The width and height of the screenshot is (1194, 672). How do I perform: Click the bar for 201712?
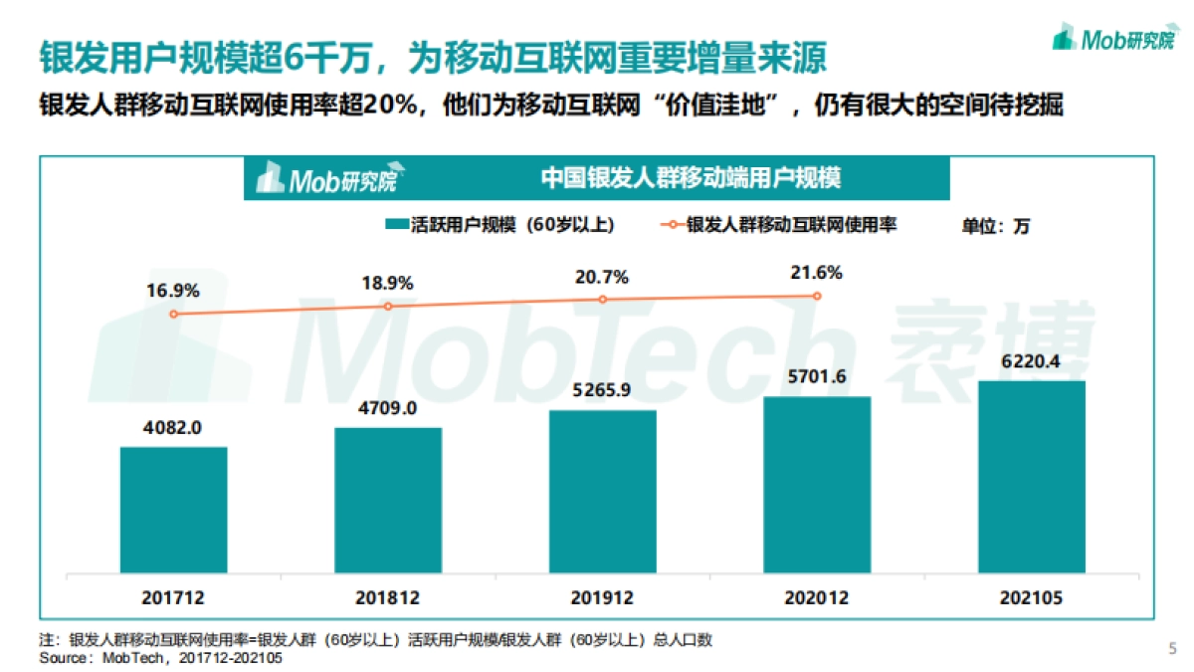point(174,511)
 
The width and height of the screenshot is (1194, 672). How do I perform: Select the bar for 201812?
point(388,501)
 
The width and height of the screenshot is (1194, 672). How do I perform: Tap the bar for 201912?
point(602,492)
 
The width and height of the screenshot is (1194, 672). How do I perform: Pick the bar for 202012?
point(817,485)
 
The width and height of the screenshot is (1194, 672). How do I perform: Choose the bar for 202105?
point(1032,477)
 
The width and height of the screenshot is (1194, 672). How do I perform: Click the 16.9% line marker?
point(174,314)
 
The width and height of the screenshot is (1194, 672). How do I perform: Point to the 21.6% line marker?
point(817,296)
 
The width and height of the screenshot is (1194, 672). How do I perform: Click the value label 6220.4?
point(1032,361)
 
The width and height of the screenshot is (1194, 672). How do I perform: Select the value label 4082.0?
point(174,428)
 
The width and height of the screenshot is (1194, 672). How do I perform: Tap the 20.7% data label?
point(602,277)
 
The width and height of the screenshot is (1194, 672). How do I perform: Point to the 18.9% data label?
point(388,283)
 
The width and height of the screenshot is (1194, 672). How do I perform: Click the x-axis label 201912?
point(602,598)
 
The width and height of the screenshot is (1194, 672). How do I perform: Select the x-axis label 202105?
point(1032,598)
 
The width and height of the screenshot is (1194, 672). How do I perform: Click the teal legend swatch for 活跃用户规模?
point(394,225)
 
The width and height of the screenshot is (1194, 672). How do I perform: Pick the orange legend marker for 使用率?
point(670,225)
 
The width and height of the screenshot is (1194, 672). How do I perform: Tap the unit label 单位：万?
point(995,226)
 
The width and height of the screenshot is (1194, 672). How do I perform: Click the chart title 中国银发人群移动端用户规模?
point(691,178)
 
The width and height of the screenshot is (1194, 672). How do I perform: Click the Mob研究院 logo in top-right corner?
point(1112,39)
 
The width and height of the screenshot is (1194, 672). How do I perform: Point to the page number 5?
point(1171,649)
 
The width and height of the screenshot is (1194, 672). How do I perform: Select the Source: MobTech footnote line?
point(160,658)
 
